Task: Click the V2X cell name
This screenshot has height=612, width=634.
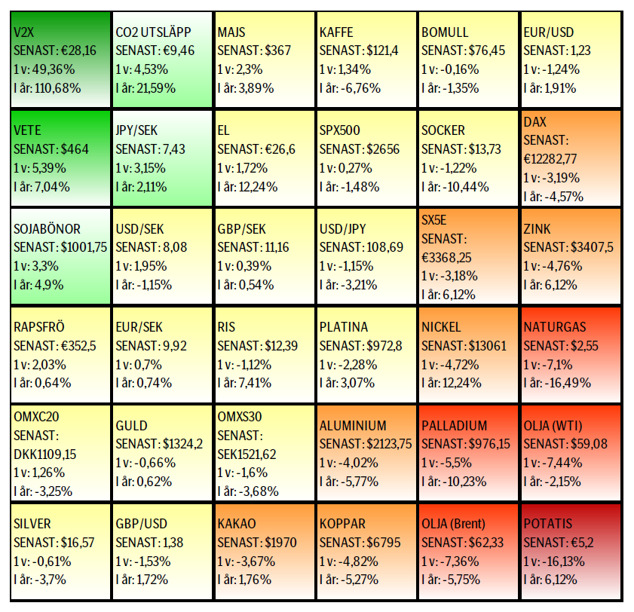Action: click(x=24, y=32)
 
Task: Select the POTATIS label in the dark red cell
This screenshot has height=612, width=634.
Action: click(x=547, y=524)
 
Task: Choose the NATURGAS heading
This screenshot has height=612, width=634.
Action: click(x=555, y=327)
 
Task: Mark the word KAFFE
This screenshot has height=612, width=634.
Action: click(x=336, y=32)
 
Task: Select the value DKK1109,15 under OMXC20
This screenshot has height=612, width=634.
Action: click(x=46, y=454)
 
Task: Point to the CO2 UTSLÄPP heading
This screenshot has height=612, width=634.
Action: click(x=154, y=32)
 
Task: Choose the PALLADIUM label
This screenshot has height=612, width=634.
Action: click(x=454, y=426)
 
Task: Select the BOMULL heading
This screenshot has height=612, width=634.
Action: click(x=445, y=32)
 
